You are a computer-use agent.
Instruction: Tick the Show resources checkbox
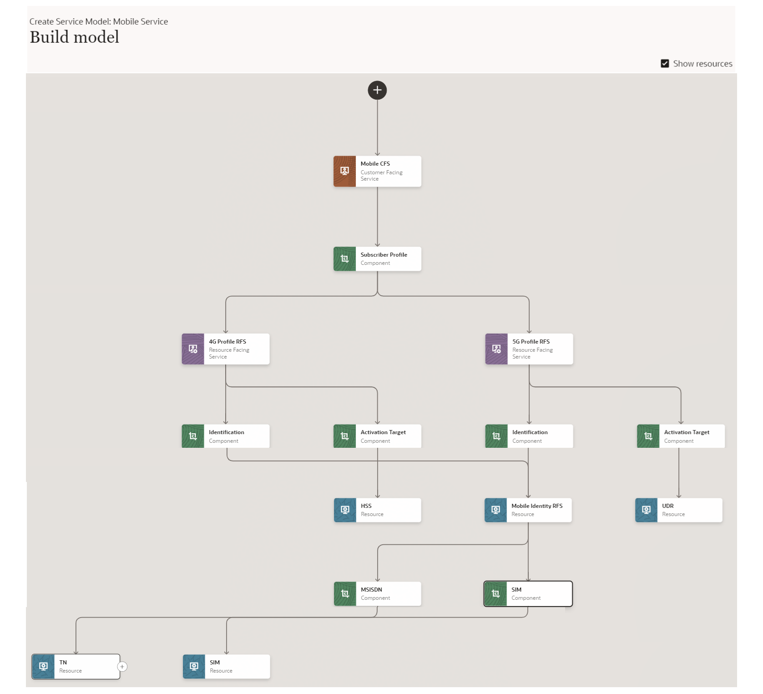tap(665, 64)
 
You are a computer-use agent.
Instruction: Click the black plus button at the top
tap(377, 90)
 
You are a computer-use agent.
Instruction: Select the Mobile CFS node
tap(377, 171)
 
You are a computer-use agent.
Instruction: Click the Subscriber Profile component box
tap(377, 259)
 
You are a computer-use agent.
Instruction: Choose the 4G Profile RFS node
tap(226, 349)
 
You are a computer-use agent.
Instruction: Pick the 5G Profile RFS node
tap(529, 349)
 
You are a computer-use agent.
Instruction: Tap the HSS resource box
tap(377, 510)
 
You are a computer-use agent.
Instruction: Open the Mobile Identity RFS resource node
tap(528, 510)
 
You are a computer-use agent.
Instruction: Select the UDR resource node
tap(679, 510)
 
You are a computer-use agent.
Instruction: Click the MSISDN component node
tap(377, 594)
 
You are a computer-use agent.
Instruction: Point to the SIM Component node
tap(528, 594)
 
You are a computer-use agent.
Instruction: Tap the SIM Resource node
tap(226, 667)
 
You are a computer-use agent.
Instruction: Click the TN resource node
tap(76, 667)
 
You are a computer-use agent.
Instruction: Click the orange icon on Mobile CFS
tap(344, 171)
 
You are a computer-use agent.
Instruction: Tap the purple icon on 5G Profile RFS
tap(496, 349)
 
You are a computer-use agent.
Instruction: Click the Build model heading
tap(75, 37)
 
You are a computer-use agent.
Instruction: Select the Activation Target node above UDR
tap(681, 436)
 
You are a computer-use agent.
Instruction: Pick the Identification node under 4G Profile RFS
tap(226, 436)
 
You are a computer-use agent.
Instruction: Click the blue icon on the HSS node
tap(345, 510)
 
